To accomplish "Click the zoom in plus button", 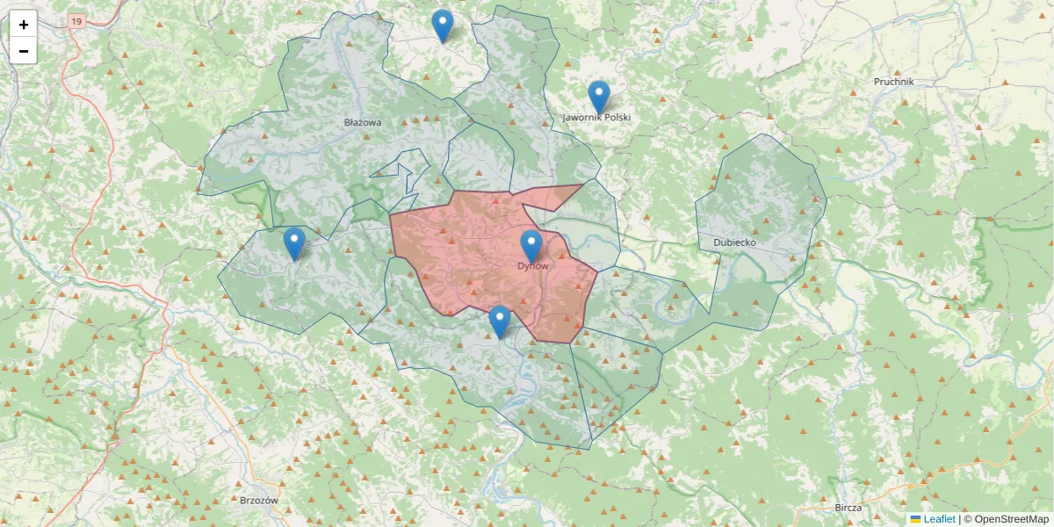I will coord(24,25).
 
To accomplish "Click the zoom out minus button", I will coord(24,51).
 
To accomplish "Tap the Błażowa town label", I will coord(363,123).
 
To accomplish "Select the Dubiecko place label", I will coord(734,242).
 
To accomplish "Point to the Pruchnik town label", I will coord(894,82).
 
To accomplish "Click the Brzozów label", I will coord(258,501).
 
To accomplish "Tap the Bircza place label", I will coord(848,508).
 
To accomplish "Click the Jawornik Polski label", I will coord(597,118).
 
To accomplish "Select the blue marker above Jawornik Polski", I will coord(598,97).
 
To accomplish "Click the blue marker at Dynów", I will coord(531,246).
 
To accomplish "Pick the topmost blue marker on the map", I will coord(443,25).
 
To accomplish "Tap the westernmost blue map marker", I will coord(294,243).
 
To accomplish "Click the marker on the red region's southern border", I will coord(500,321).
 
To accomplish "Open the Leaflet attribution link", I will coord(938,519).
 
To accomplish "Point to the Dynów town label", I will coord(532,265).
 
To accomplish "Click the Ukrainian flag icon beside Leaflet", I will coord(915,519).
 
